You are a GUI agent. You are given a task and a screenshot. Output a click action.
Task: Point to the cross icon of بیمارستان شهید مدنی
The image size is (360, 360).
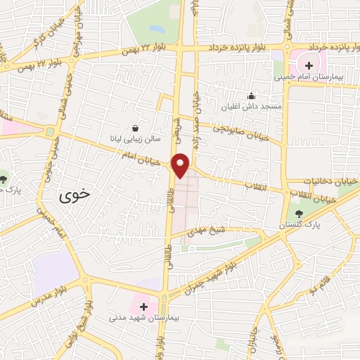coord(143,307)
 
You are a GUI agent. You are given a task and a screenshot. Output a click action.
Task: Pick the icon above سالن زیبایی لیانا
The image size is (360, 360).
coord(134,128)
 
